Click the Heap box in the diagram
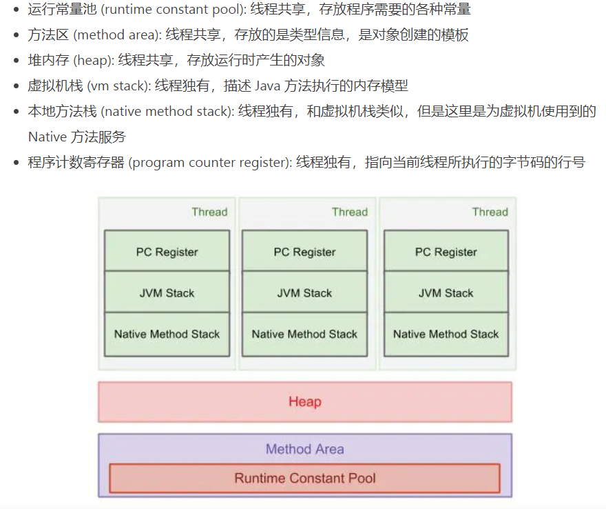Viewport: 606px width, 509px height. (x=305, y=401)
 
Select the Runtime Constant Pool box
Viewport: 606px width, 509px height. (x=305, y=478)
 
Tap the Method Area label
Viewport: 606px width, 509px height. (x=305, y=449)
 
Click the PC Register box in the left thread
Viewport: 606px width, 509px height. (x=167, y=252)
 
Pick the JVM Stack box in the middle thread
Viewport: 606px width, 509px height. (x=305, y=293)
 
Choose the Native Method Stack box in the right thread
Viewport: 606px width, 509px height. (x=446, y=335)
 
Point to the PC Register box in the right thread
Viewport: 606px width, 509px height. (x=446, y=252)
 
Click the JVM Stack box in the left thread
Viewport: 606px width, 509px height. (x=167, y=293)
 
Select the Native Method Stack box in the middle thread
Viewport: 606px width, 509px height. (x=305, y=335)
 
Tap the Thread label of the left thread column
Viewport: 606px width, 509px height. (x=209, y=212)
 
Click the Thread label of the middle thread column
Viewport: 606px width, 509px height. (x=350, y=212)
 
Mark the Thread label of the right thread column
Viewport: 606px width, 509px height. (x=490, y=212)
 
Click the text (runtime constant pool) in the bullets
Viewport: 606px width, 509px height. (x=182, y=10)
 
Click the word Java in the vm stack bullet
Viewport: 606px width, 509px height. (x=269, y=86)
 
